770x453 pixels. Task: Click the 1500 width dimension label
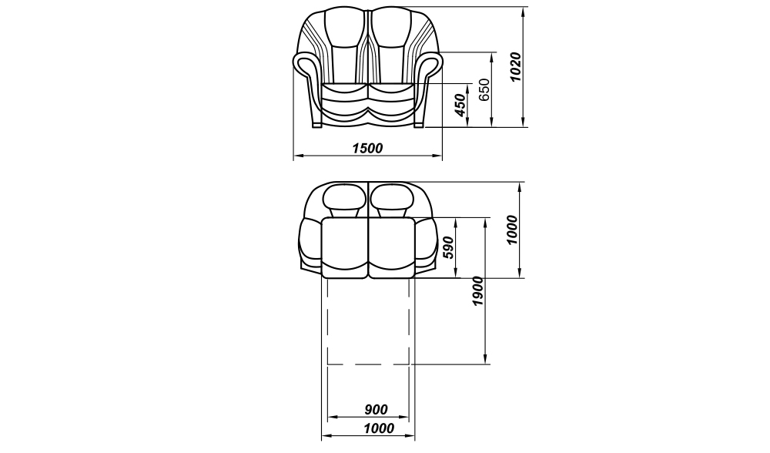pyautogui.click(x=367, y=148)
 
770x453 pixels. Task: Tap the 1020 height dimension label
pyautogui.click(x=515, y=67)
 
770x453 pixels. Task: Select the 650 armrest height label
pyautogui.click(x=484, y=89)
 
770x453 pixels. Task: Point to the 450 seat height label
pyautogui.click(x=460, y=105)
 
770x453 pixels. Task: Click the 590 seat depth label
pyautogui.click(x=448, y=249)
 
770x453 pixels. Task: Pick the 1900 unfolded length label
pyautogui.click(x=478, y=291)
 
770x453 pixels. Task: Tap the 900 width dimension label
pyautogui.click(x=377, y=409)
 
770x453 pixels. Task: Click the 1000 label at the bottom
pyautogui.click(x=379, y=428)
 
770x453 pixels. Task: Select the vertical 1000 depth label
pyautogui.click(x=512, y=230)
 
